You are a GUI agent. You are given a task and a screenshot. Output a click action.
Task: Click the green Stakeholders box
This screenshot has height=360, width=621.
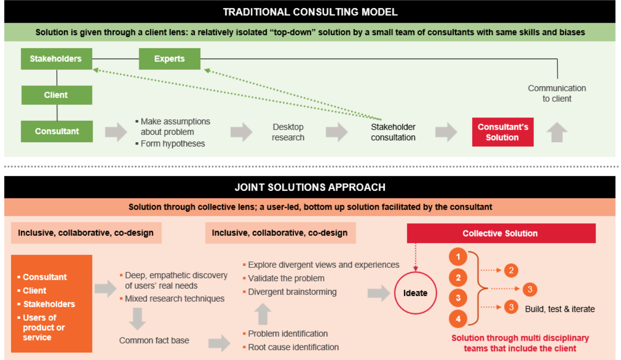pyautogui.click(x=56, y=59)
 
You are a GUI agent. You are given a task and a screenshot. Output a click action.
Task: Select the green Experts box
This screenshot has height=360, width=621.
pyautogui.click(x=169, y=59)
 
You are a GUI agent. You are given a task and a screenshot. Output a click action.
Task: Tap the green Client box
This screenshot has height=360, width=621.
pyautogui.click(x=56, y=95)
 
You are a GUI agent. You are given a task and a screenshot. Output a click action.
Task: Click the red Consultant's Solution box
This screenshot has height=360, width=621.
pyautogui.click(x=502, y=132)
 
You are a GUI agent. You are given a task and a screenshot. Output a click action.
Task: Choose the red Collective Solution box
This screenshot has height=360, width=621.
pyautogui.click(x=500, y=233)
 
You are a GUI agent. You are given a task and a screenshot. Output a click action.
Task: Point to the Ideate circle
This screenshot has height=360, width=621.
pyautogui.click(x=415, y=293)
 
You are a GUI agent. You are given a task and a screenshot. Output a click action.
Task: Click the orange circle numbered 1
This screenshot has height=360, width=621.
pyautogui.click(x=458, y=257)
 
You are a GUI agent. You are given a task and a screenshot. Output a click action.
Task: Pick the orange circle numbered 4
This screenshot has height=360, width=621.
pyautogui.click(x=458, y=319)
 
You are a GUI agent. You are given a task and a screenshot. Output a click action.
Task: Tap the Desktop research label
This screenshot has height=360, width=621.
pyautogui.click(x=288, y=132)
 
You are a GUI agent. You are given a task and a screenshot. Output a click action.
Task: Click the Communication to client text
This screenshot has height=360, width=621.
pyautogui.click(x=557, y=93)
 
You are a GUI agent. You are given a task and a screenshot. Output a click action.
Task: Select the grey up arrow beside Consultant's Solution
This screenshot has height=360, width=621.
pyautogui.click(x=557, y=132)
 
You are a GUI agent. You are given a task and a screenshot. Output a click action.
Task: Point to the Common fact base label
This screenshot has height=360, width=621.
pyautogui.click(x=154, y=341)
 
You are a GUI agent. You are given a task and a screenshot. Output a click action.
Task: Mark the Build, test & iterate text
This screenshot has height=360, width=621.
pyautogui.click(x=560, y=309)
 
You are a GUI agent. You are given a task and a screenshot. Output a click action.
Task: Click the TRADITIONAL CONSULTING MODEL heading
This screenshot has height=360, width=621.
pyautogui.click(x=310, y=12)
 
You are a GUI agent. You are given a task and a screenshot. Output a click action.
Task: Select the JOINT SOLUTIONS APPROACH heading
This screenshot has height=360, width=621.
pyautogui.click(x=310, y=187)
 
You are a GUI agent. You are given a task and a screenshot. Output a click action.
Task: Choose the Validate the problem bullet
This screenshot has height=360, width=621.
pyautogui.click(x=286, y=278)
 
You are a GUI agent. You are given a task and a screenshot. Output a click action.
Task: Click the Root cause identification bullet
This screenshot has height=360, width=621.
pyautogui.click(x=293, y=347)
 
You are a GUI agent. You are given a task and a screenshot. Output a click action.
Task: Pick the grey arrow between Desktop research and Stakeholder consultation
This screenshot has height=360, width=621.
pyautogui.click(x=337, y=132)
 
